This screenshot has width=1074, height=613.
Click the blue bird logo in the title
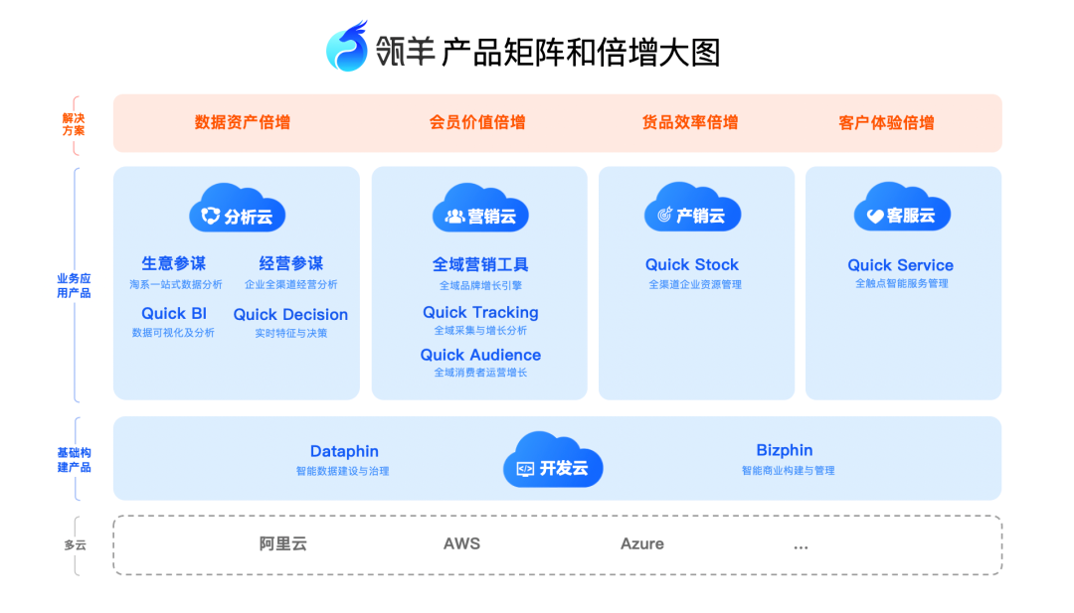pos(347,47)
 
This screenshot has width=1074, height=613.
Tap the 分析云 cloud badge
pos(238,212)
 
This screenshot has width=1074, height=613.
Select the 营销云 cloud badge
pos(480,212)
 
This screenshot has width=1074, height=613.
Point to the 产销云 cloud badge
pos(692,212)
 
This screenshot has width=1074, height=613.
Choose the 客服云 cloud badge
pos(902,212)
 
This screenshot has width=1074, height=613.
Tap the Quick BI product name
pos(174,314)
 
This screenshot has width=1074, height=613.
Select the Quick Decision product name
pos(290,315)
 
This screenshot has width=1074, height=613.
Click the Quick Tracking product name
pos(480,312)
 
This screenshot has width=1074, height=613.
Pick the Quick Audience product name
pos(480,355)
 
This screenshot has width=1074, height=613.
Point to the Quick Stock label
pos(692,264)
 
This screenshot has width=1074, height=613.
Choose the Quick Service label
pos(900,265)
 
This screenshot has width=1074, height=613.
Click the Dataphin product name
pos(344,451)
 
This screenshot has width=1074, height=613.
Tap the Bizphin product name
pos(785,450)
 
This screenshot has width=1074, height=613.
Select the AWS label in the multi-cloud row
pos(461,543)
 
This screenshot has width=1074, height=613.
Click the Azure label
pos(642,543)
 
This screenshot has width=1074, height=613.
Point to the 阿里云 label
pos(283,543)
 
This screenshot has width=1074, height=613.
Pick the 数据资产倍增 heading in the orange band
pos(243,122)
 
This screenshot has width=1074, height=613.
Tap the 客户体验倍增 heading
pos(886,123)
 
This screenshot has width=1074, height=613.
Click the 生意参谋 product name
pos(174,263)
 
